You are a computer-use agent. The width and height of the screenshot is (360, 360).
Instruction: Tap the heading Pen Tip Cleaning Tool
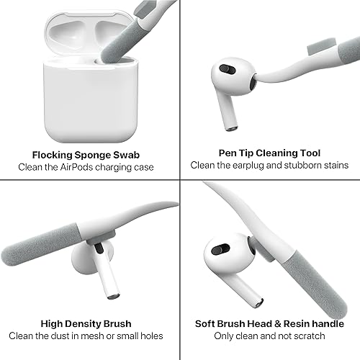click(269, 153)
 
